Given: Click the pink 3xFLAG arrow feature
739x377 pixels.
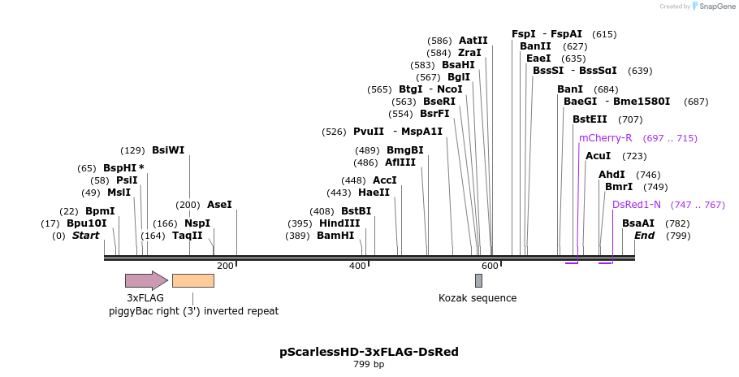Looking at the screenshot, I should tap(145, 280).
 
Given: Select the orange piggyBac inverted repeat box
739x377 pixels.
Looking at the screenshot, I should tap(193, 280).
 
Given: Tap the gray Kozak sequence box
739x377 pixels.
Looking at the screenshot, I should tap(478, 280).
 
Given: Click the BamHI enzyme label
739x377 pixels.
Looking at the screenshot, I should tap(335, 236).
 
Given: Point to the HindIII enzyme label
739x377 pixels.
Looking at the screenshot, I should tap(339, 223).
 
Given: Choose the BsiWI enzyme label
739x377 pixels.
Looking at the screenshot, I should tap(168, 150).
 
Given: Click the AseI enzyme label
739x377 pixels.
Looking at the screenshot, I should tap(219, 205).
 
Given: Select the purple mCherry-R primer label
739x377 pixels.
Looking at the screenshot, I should tap(605, 138).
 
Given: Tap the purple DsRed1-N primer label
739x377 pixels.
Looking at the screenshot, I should tap(637, 205).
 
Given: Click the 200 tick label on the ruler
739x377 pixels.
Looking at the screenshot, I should tap(225, 266).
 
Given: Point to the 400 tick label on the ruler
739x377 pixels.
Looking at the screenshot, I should tap(357, 266).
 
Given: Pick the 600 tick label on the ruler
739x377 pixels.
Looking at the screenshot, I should tap(490, 266).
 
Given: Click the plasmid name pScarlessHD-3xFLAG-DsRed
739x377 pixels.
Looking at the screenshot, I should tap(369, 352).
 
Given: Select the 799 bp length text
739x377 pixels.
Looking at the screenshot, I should tap(369, 365).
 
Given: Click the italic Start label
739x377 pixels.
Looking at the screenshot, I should tap(85, 236).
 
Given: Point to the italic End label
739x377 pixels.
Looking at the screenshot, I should tap(644, 236).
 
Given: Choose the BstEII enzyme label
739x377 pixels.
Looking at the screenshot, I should tap(590, 119).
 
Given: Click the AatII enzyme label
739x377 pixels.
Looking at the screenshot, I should tap(473, 41).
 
